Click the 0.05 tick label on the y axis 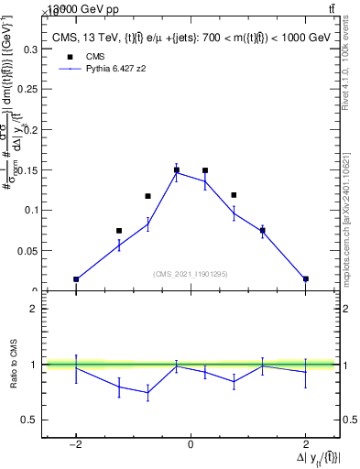pyautogui.click(x=27, y=250)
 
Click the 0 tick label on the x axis pyautogui.click(x=191, y=444)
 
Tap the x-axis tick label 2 pyautogui.click(x=305, y=444)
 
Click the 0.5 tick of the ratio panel pyautogui.click(x=30, y=420)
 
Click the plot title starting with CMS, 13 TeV pyautogui.click(x=190, y=38)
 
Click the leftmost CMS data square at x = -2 pyautogui.click(x=76, y=279)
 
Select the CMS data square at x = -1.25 pyautogui.click(x=119, y=231)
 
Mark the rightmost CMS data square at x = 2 pyautogui.click(x=305, y=278)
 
